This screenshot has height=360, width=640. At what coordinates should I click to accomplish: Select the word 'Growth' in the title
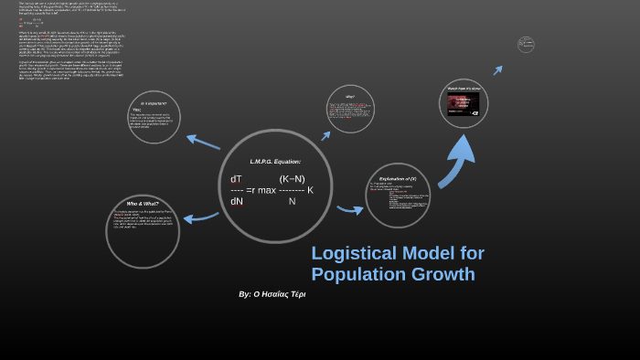tap(444, 274)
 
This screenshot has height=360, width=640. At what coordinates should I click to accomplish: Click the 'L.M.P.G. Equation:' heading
tap(275, 162)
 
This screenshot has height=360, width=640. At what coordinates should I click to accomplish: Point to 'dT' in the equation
tap(237, 179)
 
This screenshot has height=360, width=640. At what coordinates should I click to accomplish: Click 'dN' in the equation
tap(237, 201)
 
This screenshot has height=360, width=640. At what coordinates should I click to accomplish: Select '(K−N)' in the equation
tap(293, 179)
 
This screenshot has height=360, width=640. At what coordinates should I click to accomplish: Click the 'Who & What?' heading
tap(143, 203)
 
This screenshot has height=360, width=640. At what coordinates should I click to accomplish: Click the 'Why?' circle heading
tap(350, 97)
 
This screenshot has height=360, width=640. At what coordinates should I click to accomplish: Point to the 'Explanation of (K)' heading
tap(398, 178)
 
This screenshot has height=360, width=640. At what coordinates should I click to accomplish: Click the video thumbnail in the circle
tap(463, 102)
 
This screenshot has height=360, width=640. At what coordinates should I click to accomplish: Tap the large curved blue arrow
tap(456, 159)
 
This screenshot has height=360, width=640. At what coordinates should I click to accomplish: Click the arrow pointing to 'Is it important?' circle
tap(203, 142)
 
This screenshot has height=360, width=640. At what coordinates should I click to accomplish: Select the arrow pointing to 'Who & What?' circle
tap(201, 217)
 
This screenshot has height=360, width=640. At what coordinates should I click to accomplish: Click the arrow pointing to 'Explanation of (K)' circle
tap(350, 210)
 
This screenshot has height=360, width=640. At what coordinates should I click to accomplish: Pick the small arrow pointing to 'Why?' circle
tap(325, 135)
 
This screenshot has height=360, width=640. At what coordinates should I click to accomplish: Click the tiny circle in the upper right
tap(526, 44)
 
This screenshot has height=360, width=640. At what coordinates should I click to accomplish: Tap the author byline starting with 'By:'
tap(272, 294)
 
